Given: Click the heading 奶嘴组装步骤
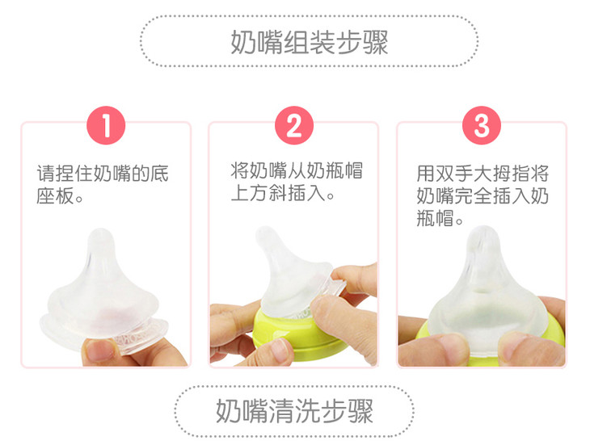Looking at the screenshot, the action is pos(309,42).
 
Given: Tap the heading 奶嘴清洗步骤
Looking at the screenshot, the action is pos(294,411).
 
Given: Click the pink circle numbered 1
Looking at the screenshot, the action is pos(106,125).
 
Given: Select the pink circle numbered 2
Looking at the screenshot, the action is pos(294,125).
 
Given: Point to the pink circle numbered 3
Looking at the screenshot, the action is pos(482,125).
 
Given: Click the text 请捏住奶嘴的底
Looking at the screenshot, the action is pos(103,174).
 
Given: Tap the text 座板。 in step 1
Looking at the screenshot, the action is pos(60,195).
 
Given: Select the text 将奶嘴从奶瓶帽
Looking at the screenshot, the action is pos(297,171).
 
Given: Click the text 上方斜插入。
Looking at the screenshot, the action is pos(282,193).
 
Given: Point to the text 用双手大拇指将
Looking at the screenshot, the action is pos(483,174).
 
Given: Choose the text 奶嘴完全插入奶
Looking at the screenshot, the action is pos(483,195).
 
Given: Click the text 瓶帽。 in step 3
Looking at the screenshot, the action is pos(440,218).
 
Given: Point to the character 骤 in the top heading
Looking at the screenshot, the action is pos(375,42).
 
